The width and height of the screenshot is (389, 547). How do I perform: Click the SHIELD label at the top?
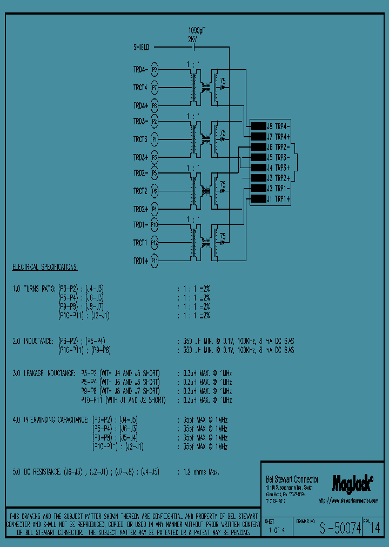tap(141, 48)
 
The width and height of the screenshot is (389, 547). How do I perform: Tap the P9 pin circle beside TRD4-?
tap(155, 70)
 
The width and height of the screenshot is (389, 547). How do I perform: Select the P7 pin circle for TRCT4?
tap(155, 87)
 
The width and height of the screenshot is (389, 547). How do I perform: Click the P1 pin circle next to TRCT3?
tap(155, 139)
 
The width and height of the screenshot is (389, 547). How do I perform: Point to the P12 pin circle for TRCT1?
tap(155, 243)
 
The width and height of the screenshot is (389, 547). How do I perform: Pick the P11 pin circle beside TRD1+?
tap(155, 261)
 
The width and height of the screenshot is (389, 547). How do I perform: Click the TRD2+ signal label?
tap(140, 209)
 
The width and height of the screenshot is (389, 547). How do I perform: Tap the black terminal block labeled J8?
tap(258, 126)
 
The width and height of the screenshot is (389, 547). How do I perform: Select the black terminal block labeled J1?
tap(258, 199)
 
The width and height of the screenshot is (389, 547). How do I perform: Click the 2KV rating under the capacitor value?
tap(193, 39)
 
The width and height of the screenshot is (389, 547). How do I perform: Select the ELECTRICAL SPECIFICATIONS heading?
tap(45, 268)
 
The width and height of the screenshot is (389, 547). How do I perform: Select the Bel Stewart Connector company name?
tap(292, 479)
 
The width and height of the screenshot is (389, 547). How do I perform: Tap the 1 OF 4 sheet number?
tap(277, 531)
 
